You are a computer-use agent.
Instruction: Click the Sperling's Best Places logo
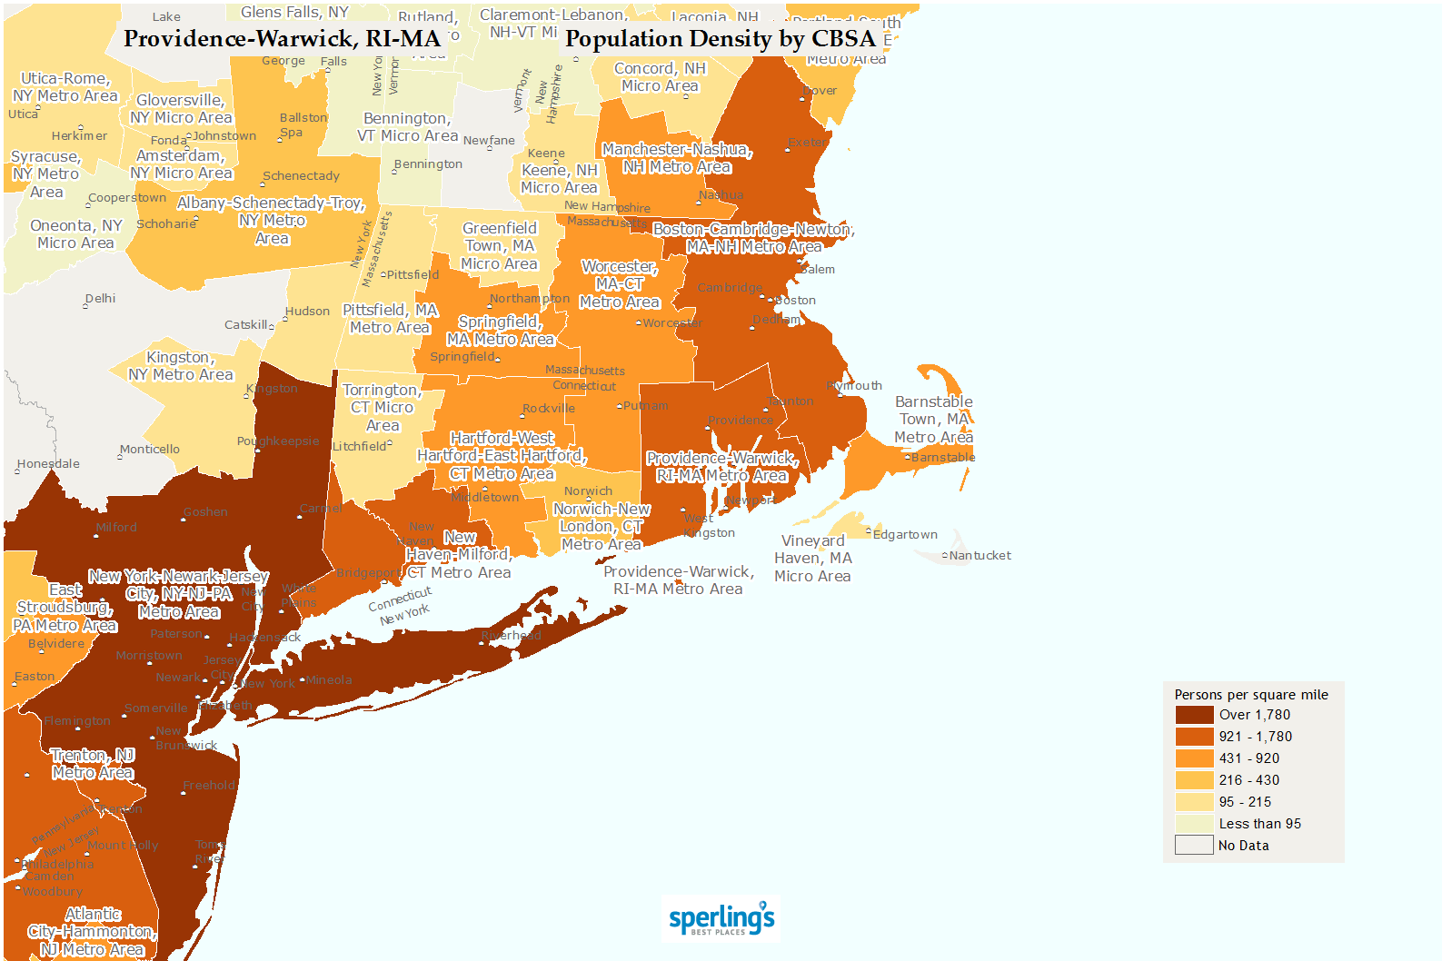[x=721, y=919]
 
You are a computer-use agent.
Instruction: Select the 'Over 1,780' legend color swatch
[x=1194, y=715]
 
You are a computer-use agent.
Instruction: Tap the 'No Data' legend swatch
[x=1194, y=846]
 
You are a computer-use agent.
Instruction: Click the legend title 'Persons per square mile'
[x=1250, y=695]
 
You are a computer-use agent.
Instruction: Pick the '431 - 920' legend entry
[x=1248, y=758]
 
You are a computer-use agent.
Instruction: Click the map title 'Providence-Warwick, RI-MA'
[x=282, y=39]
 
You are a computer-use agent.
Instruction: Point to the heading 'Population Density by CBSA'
[x=720, y=39]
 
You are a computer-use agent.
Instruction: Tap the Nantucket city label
[x=980, y=556]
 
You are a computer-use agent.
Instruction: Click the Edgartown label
[x=904, y=535]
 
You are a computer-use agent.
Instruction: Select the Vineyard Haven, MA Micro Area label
[x=812, y=559]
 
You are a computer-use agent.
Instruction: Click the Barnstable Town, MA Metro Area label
[x=933, y=420]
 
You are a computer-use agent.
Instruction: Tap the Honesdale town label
[x=49, y=464]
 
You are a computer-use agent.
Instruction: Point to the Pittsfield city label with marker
[x=412, y=274]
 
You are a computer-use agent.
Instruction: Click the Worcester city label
[x=671, y=323]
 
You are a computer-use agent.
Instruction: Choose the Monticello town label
[x=150, y=450]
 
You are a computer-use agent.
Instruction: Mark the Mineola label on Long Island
[x=328, y=680]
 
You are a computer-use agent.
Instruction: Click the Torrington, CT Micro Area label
[x=383, y=408]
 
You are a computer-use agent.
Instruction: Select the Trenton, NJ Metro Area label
[x=93, y=764]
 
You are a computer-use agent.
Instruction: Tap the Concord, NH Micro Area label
[x=660, y=77]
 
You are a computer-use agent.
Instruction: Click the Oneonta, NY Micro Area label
[x=75, y=234]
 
